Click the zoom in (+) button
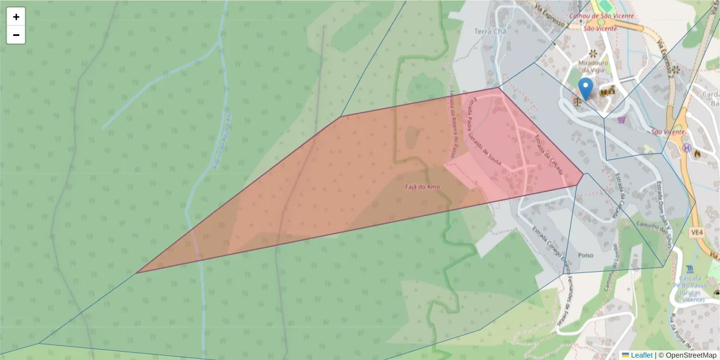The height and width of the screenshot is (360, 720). pyautogui.click(x=16, y=17)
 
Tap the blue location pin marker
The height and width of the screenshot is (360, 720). pyautogui.click(x=585, y=88)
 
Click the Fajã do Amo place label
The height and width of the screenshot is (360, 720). pyautogui.click(x=422, y=187)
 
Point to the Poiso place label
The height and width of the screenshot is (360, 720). pyautogui.click(x=585, y=255)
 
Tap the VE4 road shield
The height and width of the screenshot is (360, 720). pyautogui.click(x=697, y=231)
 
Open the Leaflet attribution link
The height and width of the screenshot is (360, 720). pyautogui.click(x=641, y=355)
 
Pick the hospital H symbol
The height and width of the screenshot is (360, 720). pyautogui.click(x=686, y=148)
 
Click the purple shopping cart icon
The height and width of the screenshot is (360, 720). pyautogui.click(x=621, y=119)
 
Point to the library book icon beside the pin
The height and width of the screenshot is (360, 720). pyautogui.click(x=603, y=92)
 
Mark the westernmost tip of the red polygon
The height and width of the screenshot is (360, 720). pyautogui.click(x=137, y=272)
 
